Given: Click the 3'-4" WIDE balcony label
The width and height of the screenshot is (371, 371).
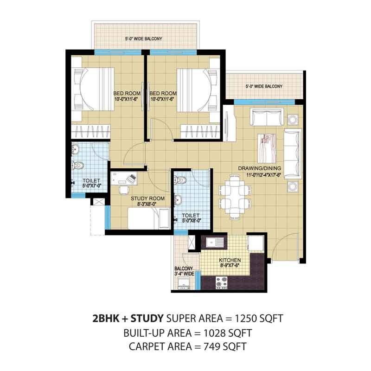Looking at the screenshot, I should pos(184,271).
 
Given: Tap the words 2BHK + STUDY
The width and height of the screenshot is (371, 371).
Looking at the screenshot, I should pos(128,319).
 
